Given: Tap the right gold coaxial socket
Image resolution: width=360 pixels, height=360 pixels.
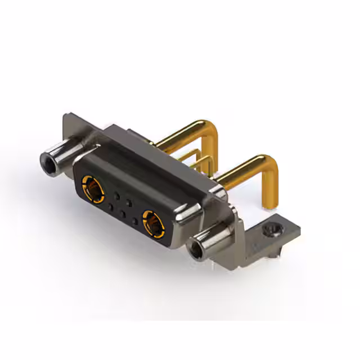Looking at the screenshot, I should coord(153,221).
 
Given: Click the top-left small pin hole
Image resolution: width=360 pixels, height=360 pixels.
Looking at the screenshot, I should coord(117,196).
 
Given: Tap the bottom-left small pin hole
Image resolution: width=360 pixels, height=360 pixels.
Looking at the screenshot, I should coord(110,208).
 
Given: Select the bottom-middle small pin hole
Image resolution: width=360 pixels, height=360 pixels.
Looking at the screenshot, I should coord(122,214).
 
